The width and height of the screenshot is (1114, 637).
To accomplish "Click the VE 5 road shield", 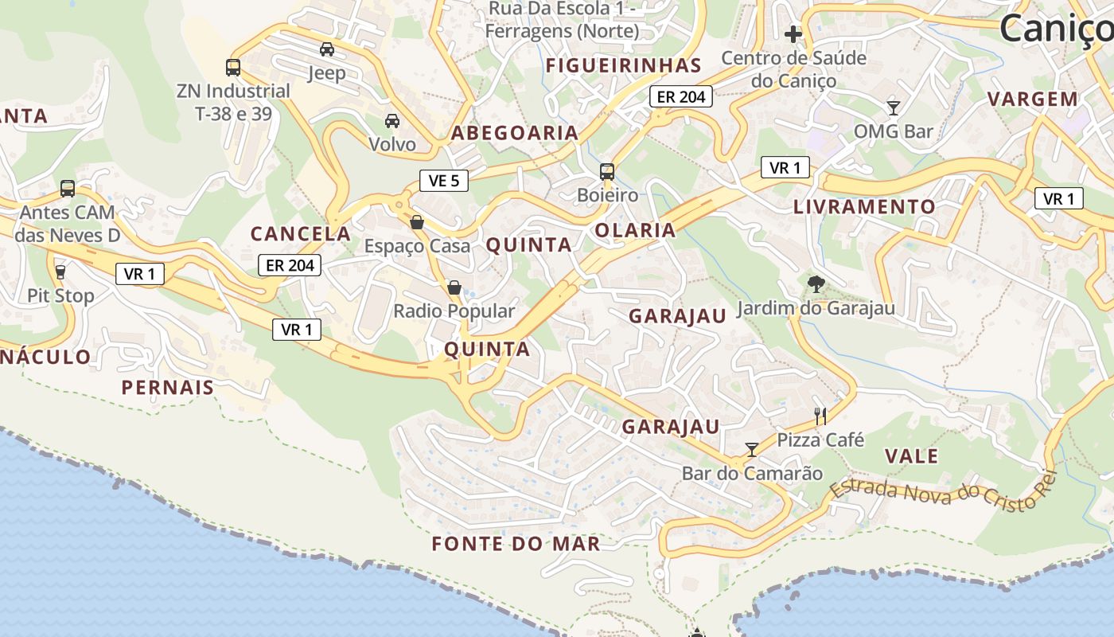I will pyautogui.click(x=443, y=181).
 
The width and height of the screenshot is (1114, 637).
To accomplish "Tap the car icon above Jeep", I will pyautogui.click(x=327, y=49).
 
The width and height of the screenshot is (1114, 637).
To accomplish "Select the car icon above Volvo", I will pyautogui.click(x=392, y=121).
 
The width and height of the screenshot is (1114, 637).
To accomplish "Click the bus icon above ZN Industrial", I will pyautogui.click(x=233, y=68).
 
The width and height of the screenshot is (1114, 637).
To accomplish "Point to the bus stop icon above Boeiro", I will pyautogui.click(x=607, y=172).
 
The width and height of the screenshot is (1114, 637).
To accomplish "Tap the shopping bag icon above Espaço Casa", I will pyautogui.click(x=417, y=222).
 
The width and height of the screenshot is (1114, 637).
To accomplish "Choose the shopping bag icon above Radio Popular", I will pyautogui.click(x=454, y=287).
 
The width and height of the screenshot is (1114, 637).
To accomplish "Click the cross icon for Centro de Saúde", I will pyautogui.click(x=793, y=34).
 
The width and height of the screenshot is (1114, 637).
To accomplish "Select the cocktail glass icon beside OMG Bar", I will pyautogui.click(x=893, y=107).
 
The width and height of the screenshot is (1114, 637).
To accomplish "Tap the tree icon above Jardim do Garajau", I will pyautogui.click(x=816, y=284).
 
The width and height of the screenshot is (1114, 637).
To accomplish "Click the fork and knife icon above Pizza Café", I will pyautogui.click(x=820, y=416).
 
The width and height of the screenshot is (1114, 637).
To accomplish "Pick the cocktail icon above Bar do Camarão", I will pyautogui.click(x=751, y=450).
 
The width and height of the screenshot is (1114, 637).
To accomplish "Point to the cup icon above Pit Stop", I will pyautogui.click(x=60, y=272).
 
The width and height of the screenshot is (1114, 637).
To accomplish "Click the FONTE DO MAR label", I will pyautogui.click(x=516, y=544).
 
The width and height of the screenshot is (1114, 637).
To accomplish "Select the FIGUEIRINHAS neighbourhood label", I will pyautogui.click(x=624, y=65).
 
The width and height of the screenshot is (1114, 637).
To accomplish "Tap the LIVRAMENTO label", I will pyautogui.click(x=864, y=207).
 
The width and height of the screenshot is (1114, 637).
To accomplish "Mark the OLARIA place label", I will pyautogui.click(x=635, y=230).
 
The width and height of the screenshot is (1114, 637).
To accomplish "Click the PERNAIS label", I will pyautogui.click(x=168, y=388).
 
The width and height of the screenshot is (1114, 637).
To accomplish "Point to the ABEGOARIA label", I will pyautogui.click(x=515, y=133).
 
